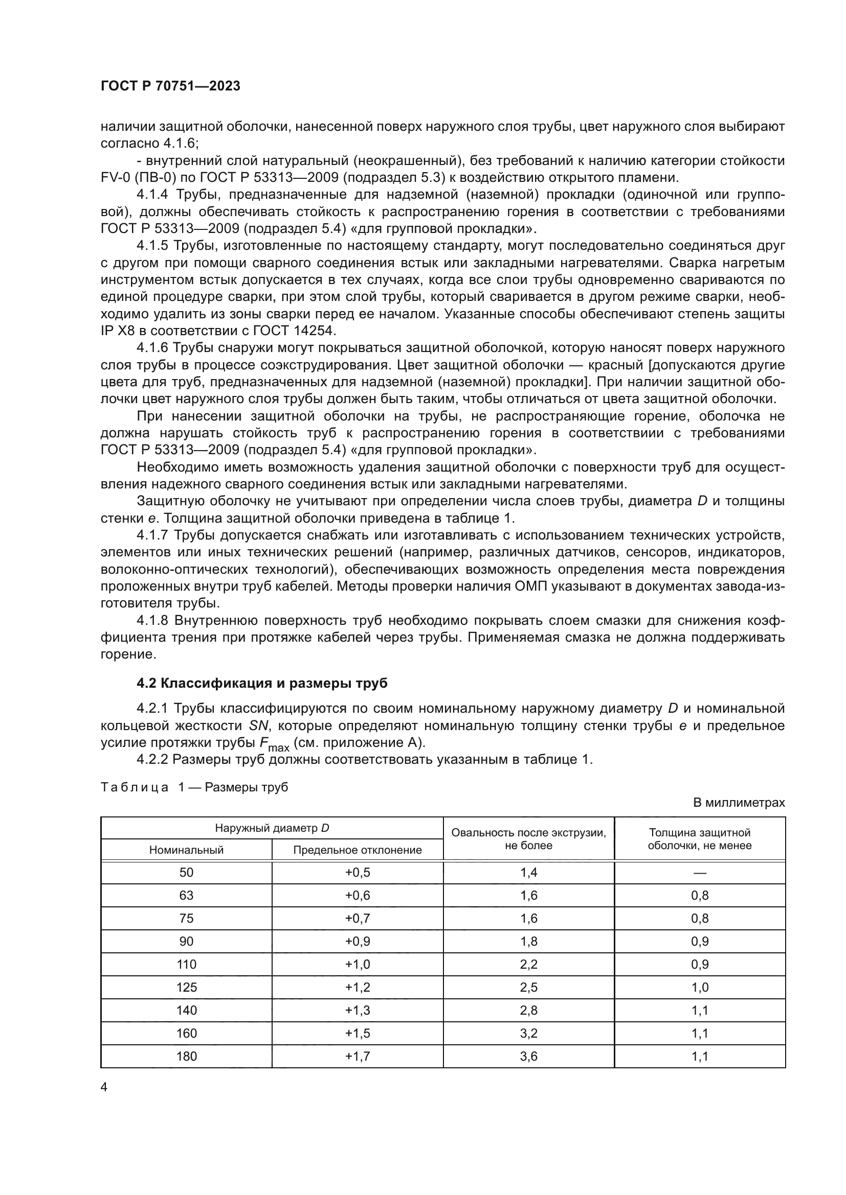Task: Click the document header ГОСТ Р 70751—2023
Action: [170, 86]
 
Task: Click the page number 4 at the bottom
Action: [104, 1087]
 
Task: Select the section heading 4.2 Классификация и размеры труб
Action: [261, 684]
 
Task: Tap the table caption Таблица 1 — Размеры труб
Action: [194, 787]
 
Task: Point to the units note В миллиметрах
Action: [739, 803]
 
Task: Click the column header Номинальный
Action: [186, 850]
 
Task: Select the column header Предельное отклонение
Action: [357, 850]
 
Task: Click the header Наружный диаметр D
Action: [272, 828]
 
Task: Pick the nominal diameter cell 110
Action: [186, 965]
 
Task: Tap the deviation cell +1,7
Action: [357, 1056]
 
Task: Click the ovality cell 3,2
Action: [528, 1033]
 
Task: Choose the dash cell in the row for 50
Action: [700, 873]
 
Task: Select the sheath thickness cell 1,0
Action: [700, 988]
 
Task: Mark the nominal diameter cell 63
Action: [186, 895]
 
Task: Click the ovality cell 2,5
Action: [528, 988]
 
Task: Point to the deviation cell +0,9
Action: [357, 942]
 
